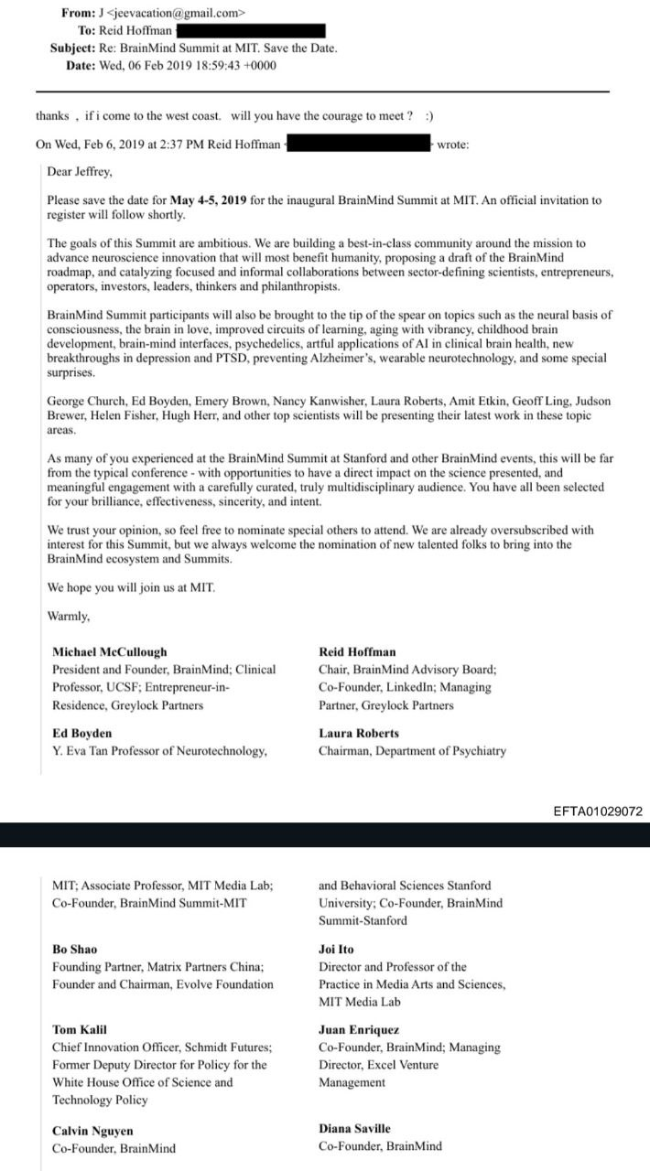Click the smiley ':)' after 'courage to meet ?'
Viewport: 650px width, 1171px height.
(429, 116)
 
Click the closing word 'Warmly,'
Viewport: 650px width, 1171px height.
(69, 617)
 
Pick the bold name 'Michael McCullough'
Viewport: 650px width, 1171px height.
(110, 652)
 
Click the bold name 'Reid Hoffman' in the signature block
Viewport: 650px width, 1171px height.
(357, 652)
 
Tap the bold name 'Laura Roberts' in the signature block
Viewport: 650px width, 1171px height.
(359, 734)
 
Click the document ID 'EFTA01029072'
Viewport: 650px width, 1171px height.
(598, 811)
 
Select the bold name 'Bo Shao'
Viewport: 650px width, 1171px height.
(74, 950)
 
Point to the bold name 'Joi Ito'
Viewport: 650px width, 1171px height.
(336, 950)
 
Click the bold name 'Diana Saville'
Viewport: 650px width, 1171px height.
(354, 1129)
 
